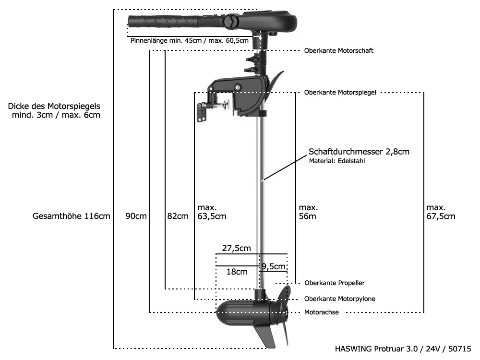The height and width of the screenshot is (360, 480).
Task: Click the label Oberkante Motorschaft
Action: coord(338,50)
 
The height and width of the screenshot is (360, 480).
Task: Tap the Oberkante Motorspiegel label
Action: coord(340,92)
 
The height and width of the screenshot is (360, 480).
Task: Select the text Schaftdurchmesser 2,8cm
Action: coord(359,152)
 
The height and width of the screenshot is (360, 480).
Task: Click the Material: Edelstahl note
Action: coord(337,161)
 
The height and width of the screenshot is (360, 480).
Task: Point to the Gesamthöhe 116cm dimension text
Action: coord(72,216)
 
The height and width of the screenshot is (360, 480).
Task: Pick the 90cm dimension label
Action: coord(136,216)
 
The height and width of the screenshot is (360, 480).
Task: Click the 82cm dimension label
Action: coord(178,216)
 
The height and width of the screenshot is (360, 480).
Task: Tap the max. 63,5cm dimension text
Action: coord(212,212)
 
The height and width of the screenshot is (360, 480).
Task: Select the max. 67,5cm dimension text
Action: coord(441,212)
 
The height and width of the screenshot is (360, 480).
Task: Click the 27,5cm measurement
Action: coord(236,248)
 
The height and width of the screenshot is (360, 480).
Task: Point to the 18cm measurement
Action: coord(237,272)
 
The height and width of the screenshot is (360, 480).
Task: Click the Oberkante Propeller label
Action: coord(335,283)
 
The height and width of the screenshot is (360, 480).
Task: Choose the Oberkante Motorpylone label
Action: coord(339,299)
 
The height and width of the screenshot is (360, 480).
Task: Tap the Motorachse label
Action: coord(322,312)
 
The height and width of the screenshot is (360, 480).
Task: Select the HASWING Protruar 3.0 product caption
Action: coord(404,348)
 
